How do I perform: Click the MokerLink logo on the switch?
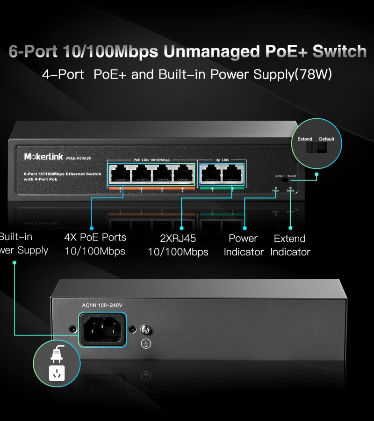(43, 157)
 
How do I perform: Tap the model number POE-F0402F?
(79, 158)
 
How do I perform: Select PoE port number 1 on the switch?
(121, 174)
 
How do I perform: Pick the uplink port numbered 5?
(211, 174)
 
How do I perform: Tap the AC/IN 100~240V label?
(102, 305)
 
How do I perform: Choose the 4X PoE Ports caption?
(95, 237)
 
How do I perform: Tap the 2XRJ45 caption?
(178, 239)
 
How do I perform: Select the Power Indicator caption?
(244, 245)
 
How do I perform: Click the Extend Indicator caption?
(290, 245)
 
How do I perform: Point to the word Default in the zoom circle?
(327, 139)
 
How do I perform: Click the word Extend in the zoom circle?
(305, 139)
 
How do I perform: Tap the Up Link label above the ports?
(222, 160)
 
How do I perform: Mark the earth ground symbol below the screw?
(146, 344)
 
